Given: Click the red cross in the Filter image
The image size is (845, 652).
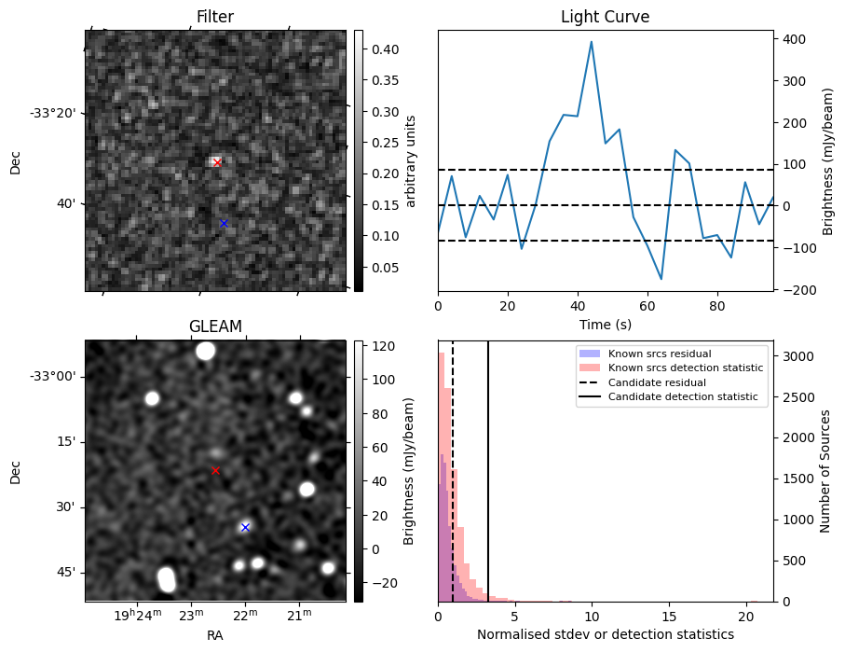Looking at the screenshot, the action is click(217, 162).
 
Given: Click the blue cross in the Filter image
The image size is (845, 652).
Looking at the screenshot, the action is click(224, 224).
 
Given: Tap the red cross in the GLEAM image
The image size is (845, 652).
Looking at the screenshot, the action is click(215, 471).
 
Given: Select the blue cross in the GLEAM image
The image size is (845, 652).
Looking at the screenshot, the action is click(245, 527).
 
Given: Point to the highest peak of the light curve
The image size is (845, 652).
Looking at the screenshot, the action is click(592, 42).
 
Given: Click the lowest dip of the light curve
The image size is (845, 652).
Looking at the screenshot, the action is click(661, 279).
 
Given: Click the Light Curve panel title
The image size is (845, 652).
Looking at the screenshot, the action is click(606, 17).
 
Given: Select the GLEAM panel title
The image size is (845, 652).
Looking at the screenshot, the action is click(215, 326).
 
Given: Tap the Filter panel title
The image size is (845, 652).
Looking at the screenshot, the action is click(215, 17).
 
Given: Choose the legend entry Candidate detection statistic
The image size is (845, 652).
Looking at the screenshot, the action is click(683, 396).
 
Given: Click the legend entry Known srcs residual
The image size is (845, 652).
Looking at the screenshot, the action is click(660, 354).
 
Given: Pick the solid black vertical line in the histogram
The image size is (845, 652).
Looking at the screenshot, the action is click(488, 471).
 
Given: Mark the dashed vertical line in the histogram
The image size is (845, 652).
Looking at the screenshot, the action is click(453, 471).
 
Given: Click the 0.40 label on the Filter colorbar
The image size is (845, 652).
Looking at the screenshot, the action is click(386, 49).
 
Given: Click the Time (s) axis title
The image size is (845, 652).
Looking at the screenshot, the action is click(606, 325).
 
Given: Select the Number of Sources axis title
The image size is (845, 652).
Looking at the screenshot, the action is click(825, 471).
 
